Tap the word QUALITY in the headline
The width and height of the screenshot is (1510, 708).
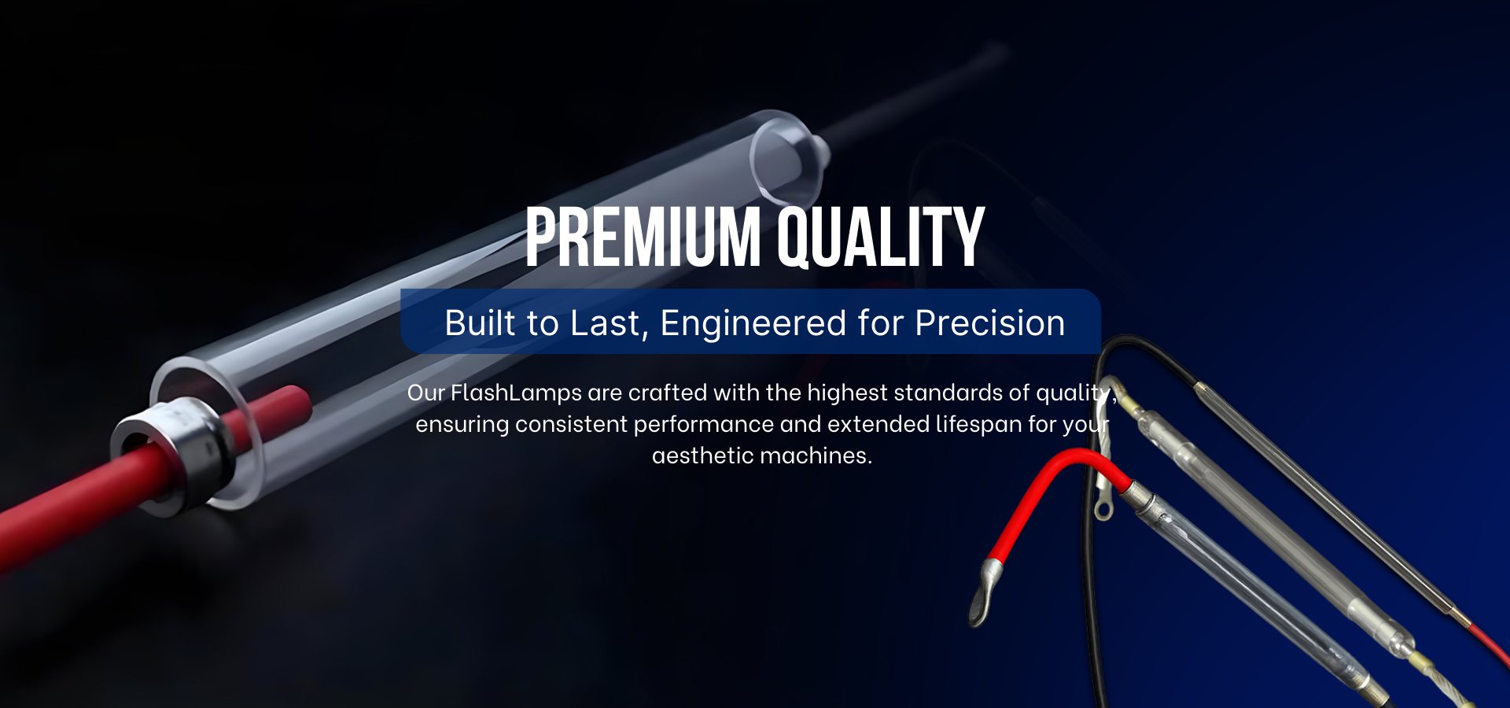(881, 238)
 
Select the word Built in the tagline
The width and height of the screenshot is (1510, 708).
(481, 323)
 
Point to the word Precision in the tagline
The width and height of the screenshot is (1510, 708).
(990, 323)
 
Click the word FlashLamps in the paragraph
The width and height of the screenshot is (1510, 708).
(516, 393)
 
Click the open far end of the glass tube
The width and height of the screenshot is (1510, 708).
(786, 157)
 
